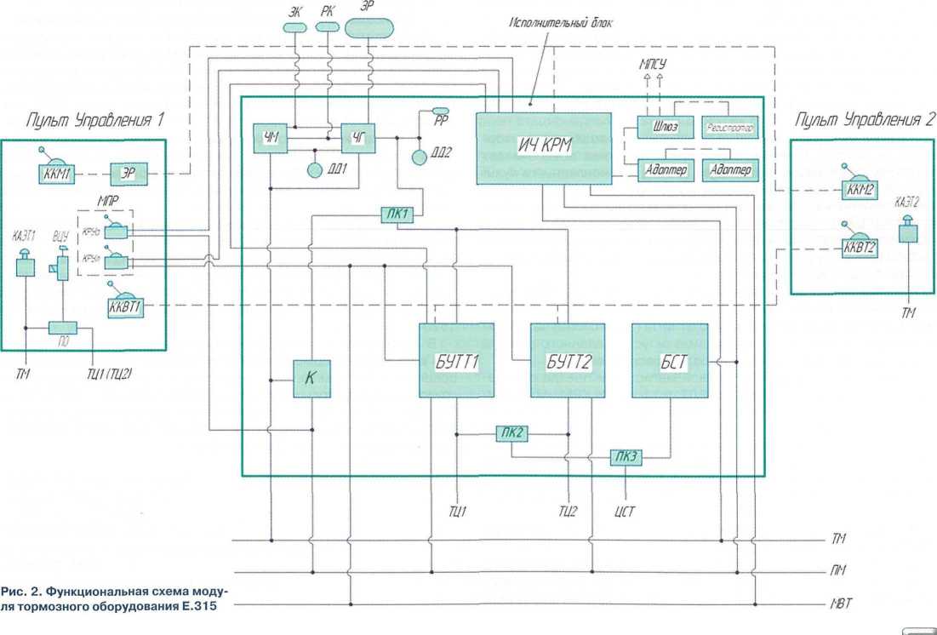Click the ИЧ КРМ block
(543, 147)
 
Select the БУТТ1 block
(456, 360)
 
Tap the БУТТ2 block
(568, 360)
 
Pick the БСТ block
(670, 360)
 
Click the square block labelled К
(311, 379)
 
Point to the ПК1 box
(397, 215)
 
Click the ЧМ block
(271, 137)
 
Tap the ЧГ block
(358, 137)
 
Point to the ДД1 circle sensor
(317, 169)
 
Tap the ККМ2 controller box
(860, 189)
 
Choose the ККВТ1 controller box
(125, 307)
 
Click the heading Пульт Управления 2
(861, 120)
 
